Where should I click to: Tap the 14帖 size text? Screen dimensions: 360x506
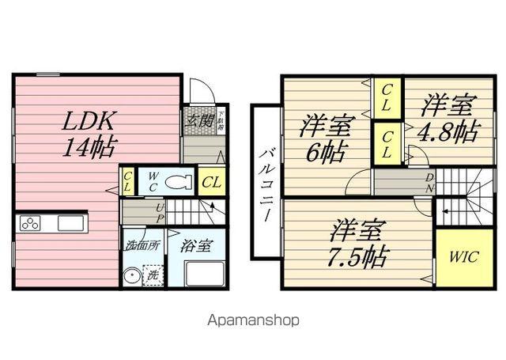tap(89, 147)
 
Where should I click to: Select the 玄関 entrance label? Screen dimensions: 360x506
tap(200, 121)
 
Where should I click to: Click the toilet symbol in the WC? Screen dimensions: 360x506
tap(179, 181)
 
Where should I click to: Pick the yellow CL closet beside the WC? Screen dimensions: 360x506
tap(210, 182)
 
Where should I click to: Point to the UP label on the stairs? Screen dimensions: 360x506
tap(160, 212)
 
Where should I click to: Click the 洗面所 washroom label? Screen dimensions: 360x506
tap(143, 245)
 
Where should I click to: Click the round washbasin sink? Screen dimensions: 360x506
tap(130, 278)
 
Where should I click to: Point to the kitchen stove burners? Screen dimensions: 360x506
tap(31, 224)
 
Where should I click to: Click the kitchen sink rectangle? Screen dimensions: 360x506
tap(70, 224)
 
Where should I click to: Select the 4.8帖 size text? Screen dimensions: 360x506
tap(449, 130)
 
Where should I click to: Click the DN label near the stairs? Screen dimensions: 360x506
tap(429, 184)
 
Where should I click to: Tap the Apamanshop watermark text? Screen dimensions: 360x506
tap(253, 321)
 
